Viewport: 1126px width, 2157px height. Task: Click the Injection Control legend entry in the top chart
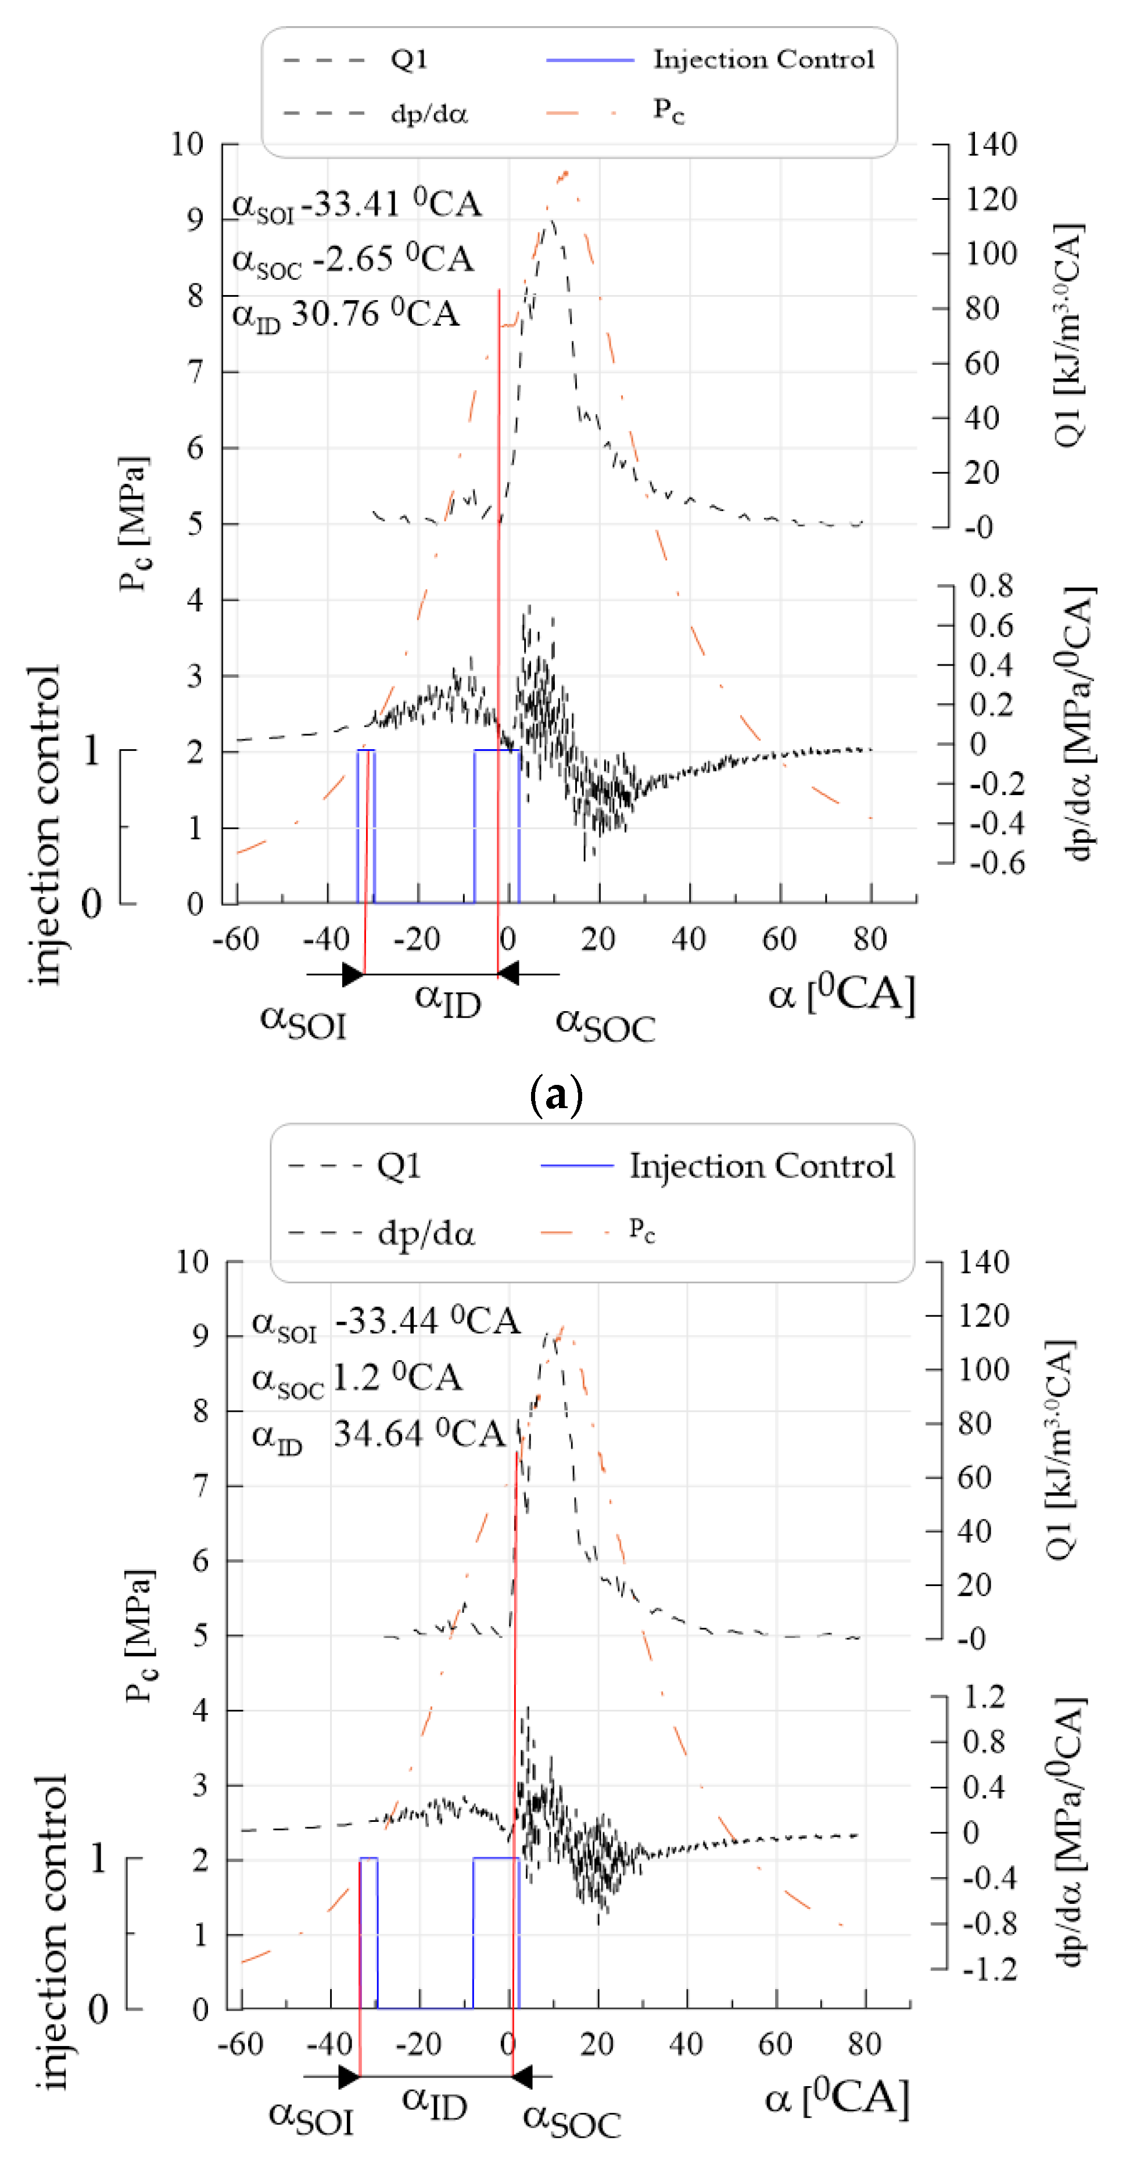click(762, 59)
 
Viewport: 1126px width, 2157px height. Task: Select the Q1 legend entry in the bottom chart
click(398, 1166)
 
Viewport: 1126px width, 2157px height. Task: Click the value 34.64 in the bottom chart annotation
click(378, 1435)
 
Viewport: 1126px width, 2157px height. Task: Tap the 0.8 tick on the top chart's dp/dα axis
click(991, 585)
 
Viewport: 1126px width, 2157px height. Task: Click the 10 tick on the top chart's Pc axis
click(187, 144)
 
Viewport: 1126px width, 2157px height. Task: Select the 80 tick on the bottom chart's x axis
click(864, 2044)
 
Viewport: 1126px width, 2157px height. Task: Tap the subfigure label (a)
click(556, 1094)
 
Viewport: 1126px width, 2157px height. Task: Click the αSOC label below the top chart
click(605, 1024)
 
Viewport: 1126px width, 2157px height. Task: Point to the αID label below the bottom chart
click(434, 2101)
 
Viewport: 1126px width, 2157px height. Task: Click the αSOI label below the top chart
click(303, 1022)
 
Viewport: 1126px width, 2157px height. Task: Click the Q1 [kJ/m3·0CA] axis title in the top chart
click(1068, 335)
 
